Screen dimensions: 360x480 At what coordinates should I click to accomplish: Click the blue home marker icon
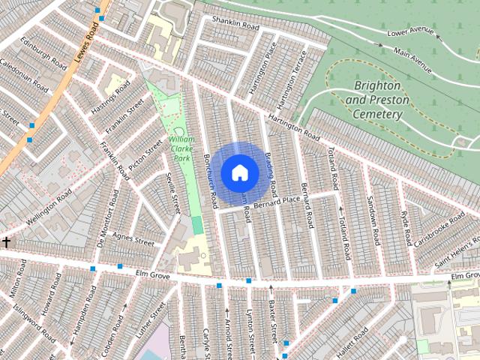[239, 172]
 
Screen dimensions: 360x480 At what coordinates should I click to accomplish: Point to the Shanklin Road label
[235, 26]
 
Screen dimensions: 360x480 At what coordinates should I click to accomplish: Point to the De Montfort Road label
[109, 227]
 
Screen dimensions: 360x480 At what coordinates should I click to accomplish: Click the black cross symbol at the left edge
[7, 241]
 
